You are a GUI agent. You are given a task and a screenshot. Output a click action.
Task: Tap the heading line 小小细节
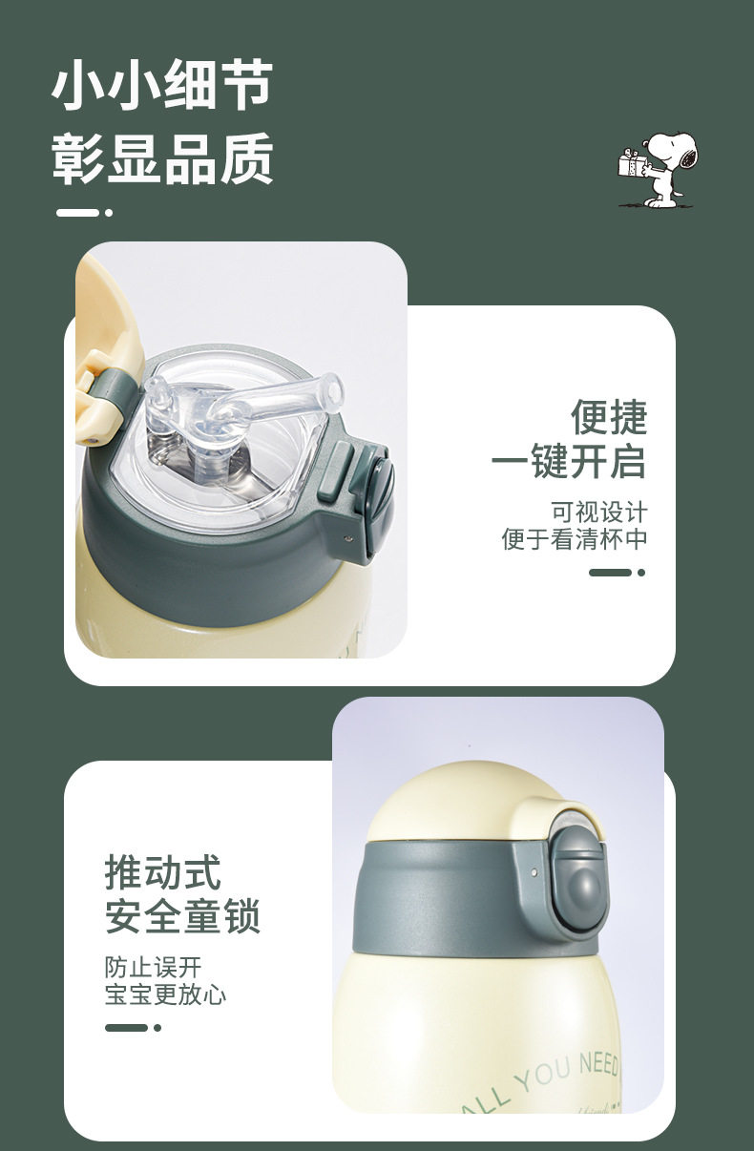tap(162, 84)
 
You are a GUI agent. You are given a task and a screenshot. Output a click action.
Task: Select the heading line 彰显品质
tap(162, 158)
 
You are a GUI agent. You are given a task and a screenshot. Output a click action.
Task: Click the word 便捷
tap(609, 417)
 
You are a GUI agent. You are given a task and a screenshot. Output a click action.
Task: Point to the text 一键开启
tap(569, 461)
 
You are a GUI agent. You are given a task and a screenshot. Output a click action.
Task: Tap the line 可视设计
tap(598, 513)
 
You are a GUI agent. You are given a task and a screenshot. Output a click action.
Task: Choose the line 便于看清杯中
tap(575, 539)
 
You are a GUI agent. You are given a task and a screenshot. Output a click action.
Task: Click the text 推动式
tap(163, 872)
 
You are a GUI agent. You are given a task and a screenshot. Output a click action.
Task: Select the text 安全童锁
tap(182, 916)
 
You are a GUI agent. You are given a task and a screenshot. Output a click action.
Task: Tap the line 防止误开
tap(153, 967)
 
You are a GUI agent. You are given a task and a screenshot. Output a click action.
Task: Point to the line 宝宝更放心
tap(165, 994)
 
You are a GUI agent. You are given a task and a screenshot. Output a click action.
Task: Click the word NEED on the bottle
tap(598, 1062)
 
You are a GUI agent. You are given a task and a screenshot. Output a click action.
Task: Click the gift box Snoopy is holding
tap(631, 163)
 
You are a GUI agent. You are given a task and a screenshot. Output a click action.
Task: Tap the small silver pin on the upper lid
tap(349, 538)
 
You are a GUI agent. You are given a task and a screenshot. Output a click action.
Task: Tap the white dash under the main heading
tap(77, 213)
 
